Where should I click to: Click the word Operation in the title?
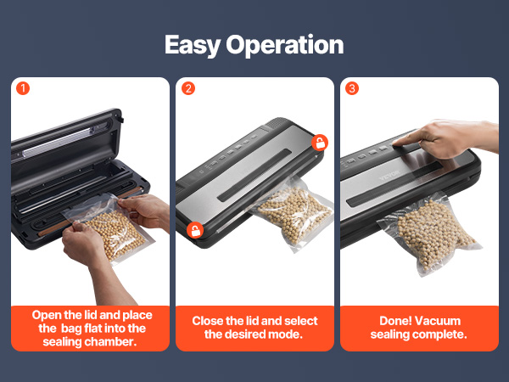285,45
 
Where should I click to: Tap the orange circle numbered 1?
23,88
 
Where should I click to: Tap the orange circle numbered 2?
188,88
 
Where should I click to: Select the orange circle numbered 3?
352,88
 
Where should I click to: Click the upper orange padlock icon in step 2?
320,143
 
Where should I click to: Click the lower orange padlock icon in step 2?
195,230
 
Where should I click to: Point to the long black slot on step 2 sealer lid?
255,176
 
